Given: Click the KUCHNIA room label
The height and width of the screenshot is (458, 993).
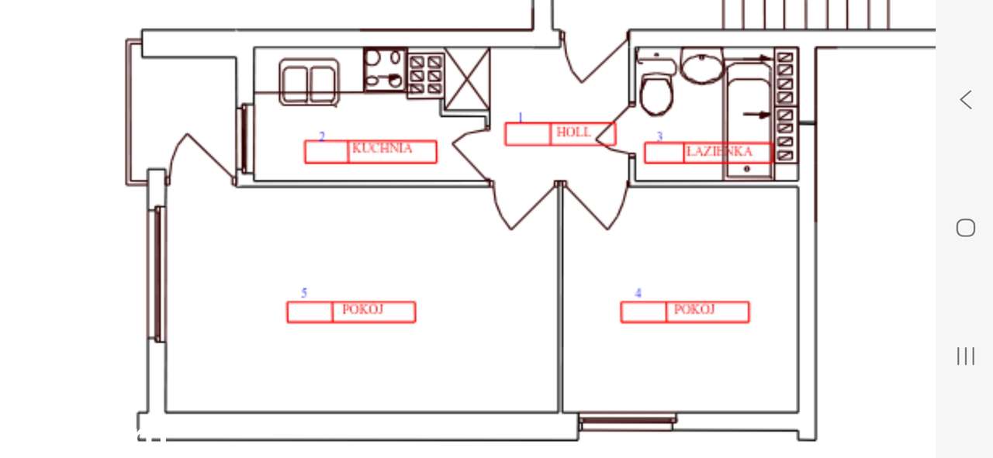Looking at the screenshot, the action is [x=382, y=148].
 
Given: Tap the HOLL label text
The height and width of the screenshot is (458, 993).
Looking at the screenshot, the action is [x=573, y=132].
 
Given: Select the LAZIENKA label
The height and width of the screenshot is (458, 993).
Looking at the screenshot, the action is [x=719, y=152].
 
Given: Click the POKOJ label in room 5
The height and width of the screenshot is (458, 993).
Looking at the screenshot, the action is [x=362, y=309].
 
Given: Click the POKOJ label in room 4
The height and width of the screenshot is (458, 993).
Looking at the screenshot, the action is [x=694, y=309].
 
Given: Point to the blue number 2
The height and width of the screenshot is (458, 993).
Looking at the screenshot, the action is [x=322, y=136].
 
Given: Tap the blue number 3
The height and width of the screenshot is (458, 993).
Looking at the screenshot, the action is [x=659, y=136].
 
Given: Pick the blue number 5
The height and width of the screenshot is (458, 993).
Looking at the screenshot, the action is [x=304, y=293].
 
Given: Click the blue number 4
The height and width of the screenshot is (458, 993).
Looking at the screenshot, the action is [x=638, y=293].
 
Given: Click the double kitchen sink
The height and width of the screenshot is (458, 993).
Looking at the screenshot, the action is [x=310, y=82].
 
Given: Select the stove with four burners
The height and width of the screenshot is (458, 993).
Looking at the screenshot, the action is [x=385, y=70].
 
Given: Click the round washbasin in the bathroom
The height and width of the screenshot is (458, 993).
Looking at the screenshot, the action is [x=702, y=66].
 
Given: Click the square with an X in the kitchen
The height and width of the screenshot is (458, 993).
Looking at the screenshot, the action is [x=467, y=79].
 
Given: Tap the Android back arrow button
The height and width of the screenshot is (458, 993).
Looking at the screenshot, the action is [x=967, y=100].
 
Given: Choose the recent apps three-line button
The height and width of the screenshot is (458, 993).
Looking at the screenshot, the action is [x=966, y=356].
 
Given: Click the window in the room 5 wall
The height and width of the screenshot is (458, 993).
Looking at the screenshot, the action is [x=157, y=274].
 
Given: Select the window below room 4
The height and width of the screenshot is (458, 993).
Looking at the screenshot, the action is [x=628, y=422].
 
